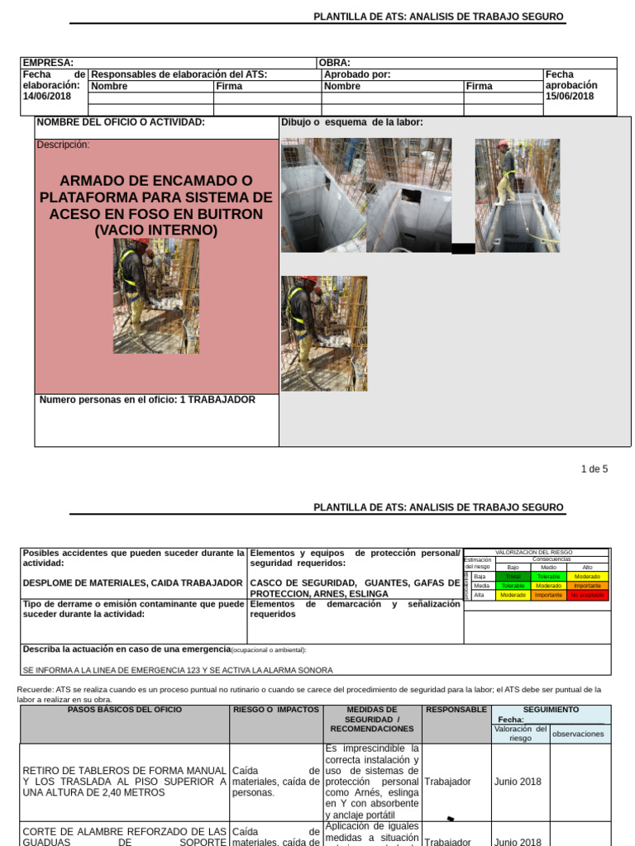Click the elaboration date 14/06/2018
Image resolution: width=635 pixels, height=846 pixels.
pos(46,97)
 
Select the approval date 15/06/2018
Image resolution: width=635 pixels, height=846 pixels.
pos(570,97)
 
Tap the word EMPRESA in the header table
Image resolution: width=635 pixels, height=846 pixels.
pos(48,63)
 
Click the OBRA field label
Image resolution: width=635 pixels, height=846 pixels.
pos(335,63)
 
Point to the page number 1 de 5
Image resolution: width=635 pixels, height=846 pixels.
pos(594,469)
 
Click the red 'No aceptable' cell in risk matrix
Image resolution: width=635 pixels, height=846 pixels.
pos(588,595)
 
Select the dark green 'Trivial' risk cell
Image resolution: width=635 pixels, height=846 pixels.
pos(513,576)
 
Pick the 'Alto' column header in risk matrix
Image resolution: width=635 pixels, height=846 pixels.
pos(588,568)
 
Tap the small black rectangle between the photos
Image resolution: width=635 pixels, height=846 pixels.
pos(464,249)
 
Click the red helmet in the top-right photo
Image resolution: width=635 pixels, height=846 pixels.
pos(503,144)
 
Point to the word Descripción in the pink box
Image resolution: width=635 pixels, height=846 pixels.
pos(63,145)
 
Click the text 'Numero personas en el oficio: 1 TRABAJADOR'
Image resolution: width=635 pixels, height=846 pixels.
pos(147,400)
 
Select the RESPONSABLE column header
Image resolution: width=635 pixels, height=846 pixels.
pos(456,710)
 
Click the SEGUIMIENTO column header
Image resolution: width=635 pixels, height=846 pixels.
pos(551,710)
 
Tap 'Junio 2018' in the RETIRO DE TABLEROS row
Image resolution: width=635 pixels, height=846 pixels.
pos(518,782)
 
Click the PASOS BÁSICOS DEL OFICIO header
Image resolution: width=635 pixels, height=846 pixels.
pos(125,710)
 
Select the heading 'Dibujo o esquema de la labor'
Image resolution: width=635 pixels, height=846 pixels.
pos(351,122)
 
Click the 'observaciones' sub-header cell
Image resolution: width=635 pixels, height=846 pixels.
pos(579,734)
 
